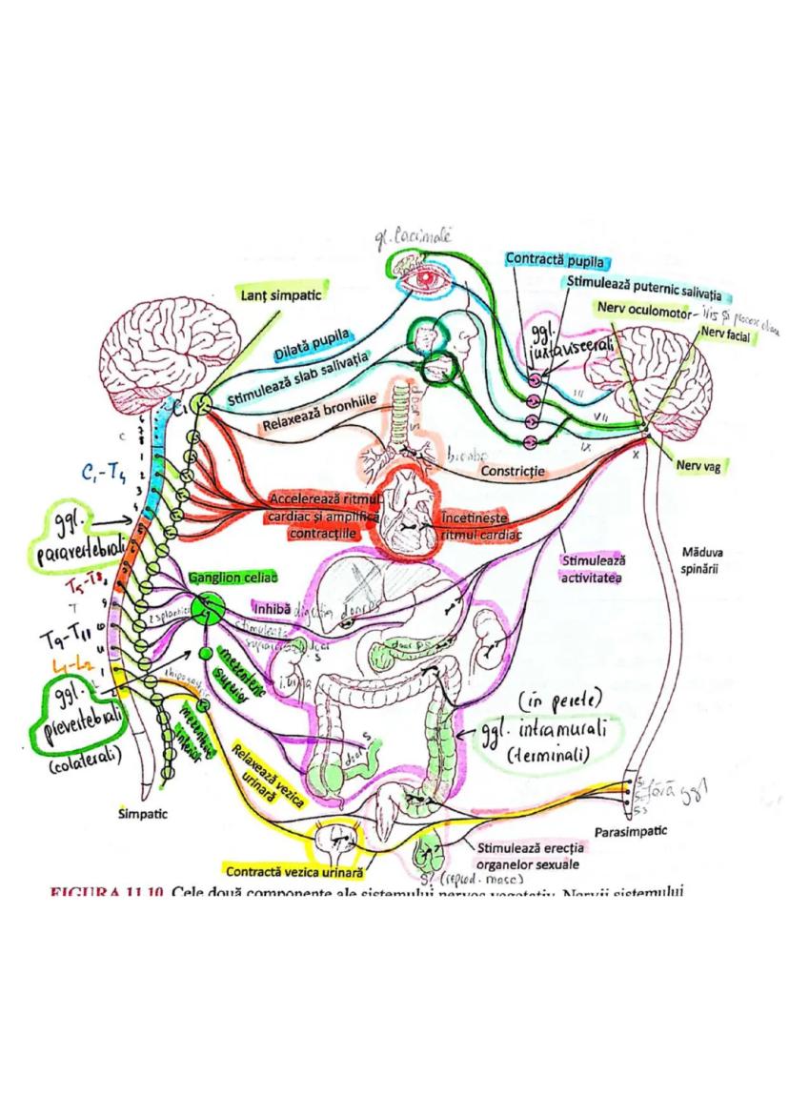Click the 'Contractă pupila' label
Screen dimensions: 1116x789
[557, 259]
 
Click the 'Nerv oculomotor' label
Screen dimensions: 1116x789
[647, 309]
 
